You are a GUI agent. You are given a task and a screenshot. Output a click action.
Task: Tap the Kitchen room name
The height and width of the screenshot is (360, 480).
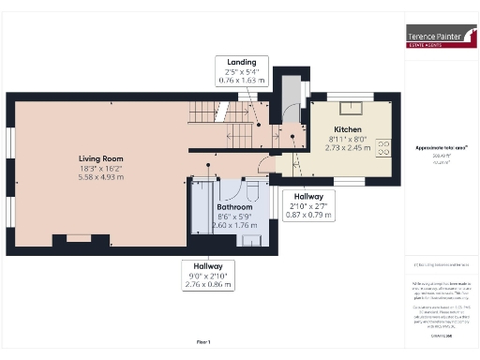tap(348, 129)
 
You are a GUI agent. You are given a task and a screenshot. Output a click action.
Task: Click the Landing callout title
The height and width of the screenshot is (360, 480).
tap(241, 62)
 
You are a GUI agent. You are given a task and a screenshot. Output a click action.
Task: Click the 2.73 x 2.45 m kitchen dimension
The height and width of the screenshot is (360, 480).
tap(348, 147)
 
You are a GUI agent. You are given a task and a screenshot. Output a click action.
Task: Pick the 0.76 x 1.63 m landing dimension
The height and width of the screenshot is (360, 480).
tap(241, 81)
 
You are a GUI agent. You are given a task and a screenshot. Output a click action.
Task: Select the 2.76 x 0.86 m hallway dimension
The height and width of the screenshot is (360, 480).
tap(209, 282)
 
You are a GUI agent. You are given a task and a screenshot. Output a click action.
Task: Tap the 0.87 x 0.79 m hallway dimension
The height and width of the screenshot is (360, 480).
tap(308, 215)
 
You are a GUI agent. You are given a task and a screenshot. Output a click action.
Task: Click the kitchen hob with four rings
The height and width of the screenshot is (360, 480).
tap(384, 145)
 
